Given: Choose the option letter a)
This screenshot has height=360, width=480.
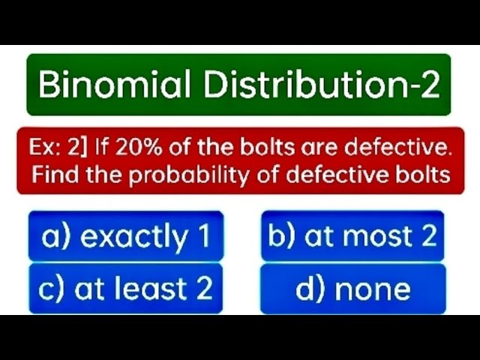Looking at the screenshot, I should tap(57, 237).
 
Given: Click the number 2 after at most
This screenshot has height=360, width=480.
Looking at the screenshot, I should tap(428, 236).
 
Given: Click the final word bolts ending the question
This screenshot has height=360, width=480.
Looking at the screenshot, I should tap(424, 175).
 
